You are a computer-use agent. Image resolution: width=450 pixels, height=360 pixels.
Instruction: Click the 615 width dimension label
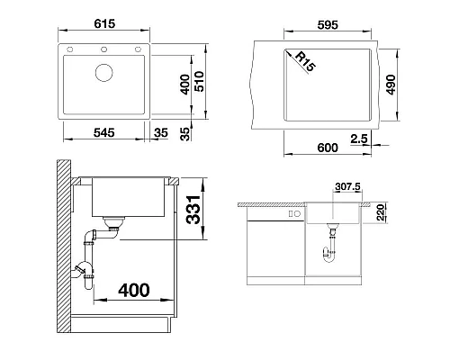click(104, 23)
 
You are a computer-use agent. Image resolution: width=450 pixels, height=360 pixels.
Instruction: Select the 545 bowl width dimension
click(104, 132)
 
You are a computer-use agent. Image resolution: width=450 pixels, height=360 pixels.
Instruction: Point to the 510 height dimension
click(199, 81)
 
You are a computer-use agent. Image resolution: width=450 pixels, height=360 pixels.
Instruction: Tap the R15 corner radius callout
click(305, 61)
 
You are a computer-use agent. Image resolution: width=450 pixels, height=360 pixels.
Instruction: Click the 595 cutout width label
click(328, 24)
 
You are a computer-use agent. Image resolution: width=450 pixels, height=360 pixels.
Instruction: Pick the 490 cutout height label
click(391, 85)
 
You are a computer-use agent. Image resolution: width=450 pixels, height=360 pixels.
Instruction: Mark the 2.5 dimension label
click(359, 139)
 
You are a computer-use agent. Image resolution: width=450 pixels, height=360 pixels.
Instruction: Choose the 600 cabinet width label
click(328, 148)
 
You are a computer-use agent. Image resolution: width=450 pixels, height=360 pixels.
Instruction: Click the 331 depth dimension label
click(193, 210)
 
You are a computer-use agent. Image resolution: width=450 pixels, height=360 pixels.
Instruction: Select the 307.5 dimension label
click(347, 186)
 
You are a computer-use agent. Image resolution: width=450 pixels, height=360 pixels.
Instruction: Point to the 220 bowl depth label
click(381, 212)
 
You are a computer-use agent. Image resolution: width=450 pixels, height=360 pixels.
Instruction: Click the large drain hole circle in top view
click(104, 73)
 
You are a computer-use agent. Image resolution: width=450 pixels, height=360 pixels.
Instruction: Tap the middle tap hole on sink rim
click(103, 49)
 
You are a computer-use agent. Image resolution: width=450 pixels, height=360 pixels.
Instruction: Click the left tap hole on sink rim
click(69, 49)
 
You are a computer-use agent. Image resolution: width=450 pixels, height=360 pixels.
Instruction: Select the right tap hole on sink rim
click(138, 49)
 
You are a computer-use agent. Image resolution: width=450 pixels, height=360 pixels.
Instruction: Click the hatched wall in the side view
click(64, 246)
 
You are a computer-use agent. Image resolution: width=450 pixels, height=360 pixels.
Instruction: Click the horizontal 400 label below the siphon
click(134, 290)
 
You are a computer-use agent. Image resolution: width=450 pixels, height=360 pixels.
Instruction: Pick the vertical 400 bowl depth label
click(184, 85)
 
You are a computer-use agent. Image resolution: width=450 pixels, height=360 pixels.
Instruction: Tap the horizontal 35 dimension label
click(161, 132)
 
